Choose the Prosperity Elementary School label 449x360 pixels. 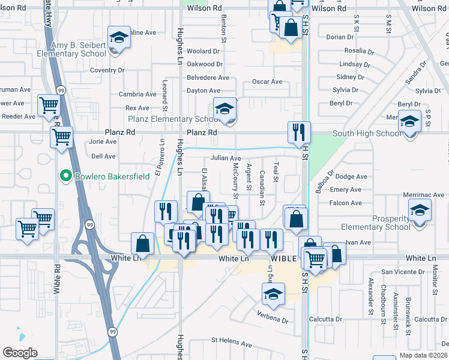point(376,222)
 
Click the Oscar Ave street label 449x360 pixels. point(267,82)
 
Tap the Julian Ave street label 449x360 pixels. point(225,158)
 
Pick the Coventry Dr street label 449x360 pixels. point(107,70)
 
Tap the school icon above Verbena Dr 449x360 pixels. point(273,295)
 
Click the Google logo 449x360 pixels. point(20,353)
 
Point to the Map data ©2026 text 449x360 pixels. point(423,355)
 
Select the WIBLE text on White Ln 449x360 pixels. point(283,259)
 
